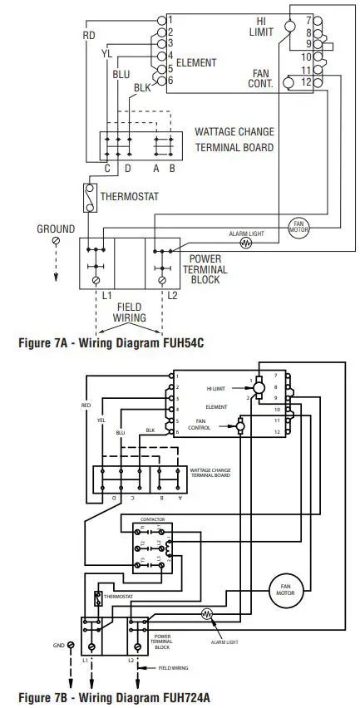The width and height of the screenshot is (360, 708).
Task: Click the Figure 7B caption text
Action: pyautogui.click(x=104, y=696)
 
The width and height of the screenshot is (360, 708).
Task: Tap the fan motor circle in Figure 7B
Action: pyautogui.click(x=282, y=589)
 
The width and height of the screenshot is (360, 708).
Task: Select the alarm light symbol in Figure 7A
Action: pyautogui.click(x=245, y=243)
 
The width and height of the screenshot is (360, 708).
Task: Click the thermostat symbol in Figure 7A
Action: pyautogui.click(x=87, y=198)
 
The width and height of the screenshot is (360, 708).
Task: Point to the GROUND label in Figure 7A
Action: pyautogui.click(x=56, y=229)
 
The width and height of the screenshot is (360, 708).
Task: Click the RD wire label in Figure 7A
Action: pyautogui.click(x=89, y=35)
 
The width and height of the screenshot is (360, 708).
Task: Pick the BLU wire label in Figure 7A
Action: pyautogui.click(x=121, y=73)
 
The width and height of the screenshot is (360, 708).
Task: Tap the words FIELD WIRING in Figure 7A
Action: pyautogui.click(x=129, y=312)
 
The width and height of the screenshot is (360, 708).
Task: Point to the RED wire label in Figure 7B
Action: pyautogui.click(x=86, y=406)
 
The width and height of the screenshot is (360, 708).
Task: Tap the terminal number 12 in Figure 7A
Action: pyautogui.click(x=306, y=81)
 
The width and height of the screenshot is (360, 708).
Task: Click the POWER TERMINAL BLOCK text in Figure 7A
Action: pyautogui.click(x=205, y=270)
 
